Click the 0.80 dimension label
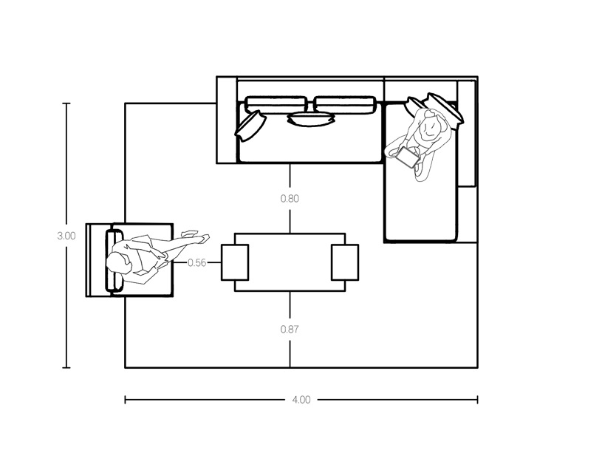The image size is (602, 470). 290,199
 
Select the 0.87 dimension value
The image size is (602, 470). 290,329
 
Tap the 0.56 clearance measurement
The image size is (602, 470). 196,262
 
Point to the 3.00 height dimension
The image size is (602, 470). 66,236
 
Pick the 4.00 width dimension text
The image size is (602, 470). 301,400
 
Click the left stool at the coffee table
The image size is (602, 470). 235,262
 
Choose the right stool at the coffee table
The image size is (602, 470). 344,262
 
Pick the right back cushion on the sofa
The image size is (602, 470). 346,104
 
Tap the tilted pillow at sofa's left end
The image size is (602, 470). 250,124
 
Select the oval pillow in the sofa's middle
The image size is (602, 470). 311,118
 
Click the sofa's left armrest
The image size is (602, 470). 226,119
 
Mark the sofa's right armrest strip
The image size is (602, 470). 466,133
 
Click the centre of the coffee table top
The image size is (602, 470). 290,262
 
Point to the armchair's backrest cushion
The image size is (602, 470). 114,261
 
